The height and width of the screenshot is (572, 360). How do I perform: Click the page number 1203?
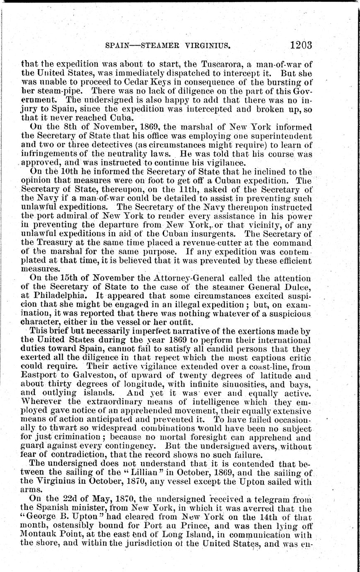[x=301, y=45]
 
